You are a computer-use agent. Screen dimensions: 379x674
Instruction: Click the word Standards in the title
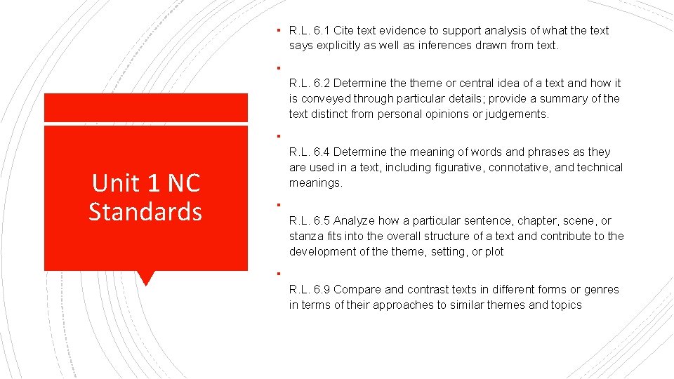[x=145, y=211]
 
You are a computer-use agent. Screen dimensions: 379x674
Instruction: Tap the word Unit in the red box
[x=114, y=183]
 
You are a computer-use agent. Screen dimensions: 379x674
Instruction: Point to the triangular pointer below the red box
[x=145, y=278]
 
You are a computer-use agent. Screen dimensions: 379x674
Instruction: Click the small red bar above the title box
[x=145, y=107]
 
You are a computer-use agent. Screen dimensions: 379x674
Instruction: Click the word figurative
[x=460, y=167]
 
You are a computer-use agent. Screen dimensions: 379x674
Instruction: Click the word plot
[x=494, y=251]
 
